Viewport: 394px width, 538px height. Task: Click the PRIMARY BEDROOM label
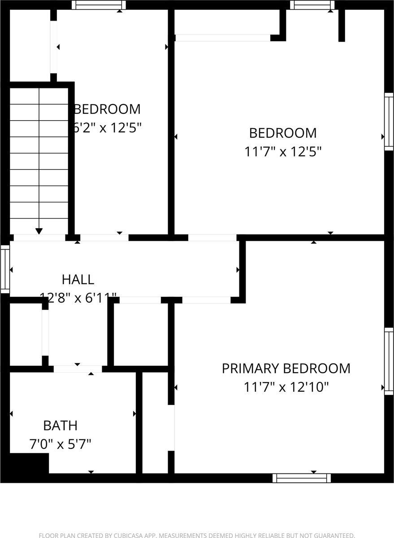(286, 368)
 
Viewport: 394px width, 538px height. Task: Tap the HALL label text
(78, 279)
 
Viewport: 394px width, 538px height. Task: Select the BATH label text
(60, 425)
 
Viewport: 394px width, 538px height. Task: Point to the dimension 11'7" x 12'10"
(286, 386)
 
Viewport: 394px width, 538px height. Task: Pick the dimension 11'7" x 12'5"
(283, 152)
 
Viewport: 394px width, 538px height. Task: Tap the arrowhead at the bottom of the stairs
(39, 230)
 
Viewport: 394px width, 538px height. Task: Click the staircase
(39, 157)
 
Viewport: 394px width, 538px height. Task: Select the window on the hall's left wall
(5, 269)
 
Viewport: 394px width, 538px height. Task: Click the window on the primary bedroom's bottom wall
(302, 478)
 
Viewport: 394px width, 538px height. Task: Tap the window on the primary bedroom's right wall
(389, 361)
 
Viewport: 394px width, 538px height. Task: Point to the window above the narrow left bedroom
(99, 5)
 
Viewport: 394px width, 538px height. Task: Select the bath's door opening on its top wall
(78, 369)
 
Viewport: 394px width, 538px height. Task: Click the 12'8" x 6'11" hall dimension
(78, 298)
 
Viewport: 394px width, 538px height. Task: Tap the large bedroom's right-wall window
(389, 121)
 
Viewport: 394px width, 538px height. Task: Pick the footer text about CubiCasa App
(197, 535)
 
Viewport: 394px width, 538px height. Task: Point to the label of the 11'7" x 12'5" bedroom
(283, 133)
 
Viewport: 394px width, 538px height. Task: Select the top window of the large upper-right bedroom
(312, 5)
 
